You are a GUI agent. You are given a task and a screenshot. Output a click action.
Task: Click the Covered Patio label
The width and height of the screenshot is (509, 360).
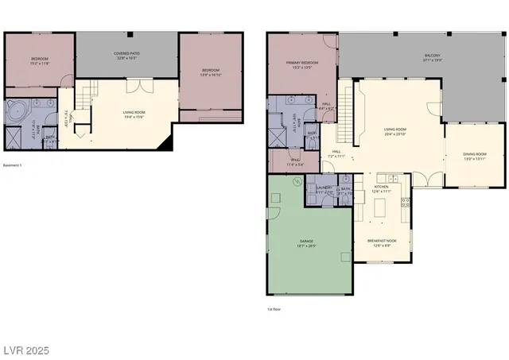click(x=127, y=56)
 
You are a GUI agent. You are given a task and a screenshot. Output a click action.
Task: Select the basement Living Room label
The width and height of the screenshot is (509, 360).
click(x=134, y=114)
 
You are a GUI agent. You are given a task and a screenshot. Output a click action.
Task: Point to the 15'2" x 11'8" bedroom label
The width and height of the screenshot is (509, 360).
click(x=40, y=60)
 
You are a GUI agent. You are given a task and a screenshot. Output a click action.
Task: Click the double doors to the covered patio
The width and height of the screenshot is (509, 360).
click(x=140, y=86)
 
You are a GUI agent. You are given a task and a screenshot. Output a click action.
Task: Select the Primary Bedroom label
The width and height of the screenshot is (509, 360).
click(x=302, y=65)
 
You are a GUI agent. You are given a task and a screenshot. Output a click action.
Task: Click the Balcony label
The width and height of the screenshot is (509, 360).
click(x=433, y=58)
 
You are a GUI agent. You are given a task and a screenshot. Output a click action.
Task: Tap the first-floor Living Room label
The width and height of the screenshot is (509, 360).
click(x=395, y=132)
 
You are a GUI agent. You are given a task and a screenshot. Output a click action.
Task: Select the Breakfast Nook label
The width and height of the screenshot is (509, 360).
click(x=381, y=242)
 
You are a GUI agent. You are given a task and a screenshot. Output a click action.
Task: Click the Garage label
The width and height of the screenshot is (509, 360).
click(x=306, y=244)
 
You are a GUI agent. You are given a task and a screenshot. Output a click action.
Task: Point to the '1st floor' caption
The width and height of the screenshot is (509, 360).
click(x=275, y=309)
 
